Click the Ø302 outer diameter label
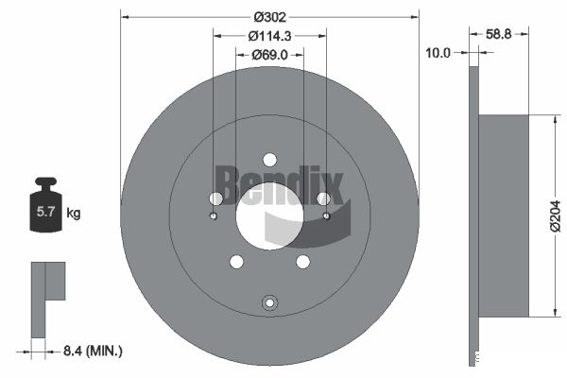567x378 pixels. [x=269, y=17]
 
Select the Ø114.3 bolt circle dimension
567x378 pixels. [x=269, y=36]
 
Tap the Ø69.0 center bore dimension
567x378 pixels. [x=269, y=55]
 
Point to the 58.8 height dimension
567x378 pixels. [x=498, y=34]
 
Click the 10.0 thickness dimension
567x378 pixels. [x=438, y=53]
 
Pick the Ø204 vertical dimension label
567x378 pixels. [x=555, y=216]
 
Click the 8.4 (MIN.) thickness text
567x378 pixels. [x=93, y=351]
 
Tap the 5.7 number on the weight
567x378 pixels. [x=45, y=212]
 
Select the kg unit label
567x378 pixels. [x=74, y=213]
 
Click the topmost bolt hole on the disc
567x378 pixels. [x=269, y=160]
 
